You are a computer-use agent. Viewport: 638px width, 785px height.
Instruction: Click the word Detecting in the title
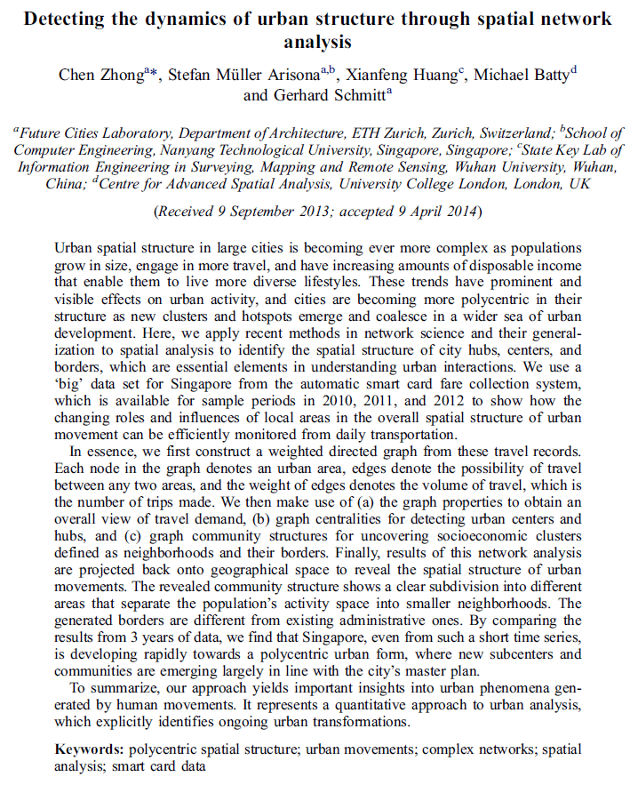pos(68,19)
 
